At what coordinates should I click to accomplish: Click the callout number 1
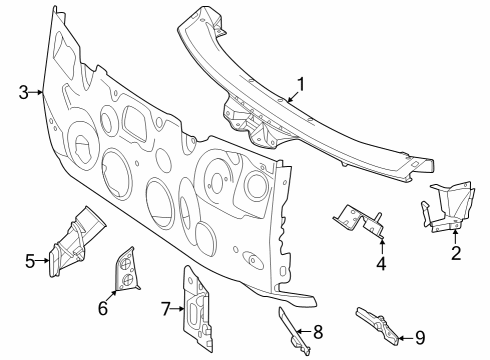coord(301,84)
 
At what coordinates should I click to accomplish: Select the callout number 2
coord(456,253)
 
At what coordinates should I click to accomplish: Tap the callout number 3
coord(23,92)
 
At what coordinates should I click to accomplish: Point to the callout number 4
coord(381,263)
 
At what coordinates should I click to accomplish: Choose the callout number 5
coord(30,261)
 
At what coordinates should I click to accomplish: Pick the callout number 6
coord(103,308)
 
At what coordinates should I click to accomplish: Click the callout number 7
coord(166,309)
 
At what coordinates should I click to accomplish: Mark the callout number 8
coord(318,332)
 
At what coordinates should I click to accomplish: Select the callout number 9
coord(420,338)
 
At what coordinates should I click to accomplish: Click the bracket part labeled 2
coord(447,207)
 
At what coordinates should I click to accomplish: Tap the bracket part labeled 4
coord(358,221)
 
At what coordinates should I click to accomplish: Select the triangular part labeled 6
coord(126,270)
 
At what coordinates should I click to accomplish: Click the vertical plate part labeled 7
coord(197,308)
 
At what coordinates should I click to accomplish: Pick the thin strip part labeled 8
coord(293,330)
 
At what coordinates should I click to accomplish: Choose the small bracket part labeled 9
coord(378,325)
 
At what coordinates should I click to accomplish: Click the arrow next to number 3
coord(36,92)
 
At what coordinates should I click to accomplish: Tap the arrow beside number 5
coord(42,261)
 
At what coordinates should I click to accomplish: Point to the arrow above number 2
coord(455,237)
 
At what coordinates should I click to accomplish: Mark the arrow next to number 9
coord(407,338)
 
